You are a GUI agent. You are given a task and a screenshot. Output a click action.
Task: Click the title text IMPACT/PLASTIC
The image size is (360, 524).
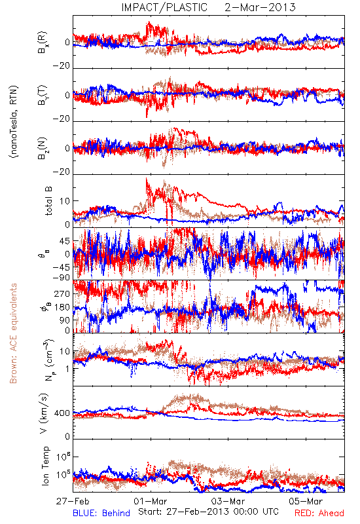164,7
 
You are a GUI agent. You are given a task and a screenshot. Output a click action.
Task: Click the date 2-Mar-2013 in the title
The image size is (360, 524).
260,7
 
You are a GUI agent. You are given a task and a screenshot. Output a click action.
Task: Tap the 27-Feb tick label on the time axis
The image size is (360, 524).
73,501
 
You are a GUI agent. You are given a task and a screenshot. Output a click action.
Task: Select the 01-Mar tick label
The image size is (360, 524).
151,501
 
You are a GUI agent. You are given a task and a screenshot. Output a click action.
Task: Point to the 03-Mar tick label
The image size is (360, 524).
228,501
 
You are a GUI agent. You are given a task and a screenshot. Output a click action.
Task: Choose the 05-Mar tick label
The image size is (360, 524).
306,501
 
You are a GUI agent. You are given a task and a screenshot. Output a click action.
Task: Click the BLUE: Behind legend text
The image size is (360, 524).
101,514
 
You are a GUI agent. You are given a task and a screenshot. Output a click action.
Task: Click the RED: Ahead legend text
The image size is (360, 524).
319,514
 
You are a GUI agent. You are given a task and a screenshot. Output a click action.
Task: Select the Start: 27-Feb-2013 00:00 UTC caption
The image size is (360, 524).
208,512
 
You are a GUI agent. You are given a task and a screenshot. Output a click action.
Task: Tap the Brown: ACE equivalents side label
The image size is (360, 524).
13,333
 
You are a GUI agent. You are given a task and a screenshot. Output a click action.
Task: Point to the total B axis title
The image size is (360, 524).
48,201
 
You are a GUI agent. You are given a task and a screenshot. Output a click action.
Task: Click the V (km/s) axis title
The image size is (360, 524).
44,413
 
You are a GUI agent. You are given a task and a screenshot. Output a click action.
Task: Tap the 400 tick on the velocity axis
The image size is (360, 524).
62,413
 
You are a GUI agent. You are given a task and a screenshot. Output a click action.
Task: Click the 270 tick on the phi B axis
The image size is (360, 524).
62,293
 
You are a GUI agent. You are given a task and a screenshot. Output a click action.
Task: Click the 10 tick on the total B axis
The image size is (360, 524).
65,201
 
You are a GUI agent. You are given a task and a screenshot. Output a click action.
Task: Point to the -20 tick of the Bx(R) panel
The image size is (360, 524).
61,66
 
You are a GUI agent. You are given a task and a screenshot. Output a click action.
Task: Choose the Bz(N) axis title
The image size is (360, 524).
43,148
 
